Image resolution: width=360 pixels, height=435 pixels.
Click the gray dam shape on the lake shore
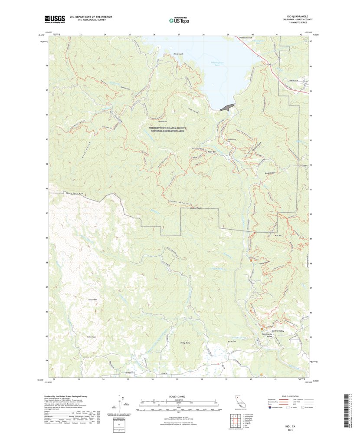click(227, 107)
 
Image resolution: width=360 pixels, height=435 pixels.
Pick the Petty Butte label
click(185, 343)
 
